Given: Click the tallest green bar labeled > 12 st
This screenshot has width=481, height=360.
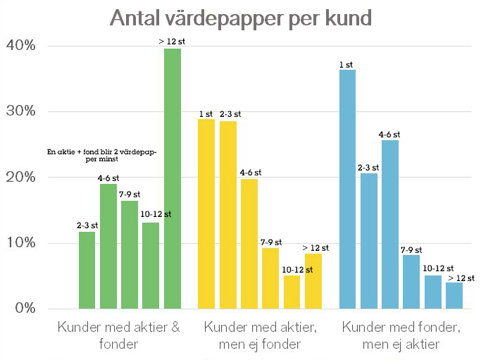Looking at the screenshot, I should [173, 178].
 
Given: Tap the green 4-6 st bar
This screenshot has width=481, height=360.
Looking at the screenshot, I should [108, 246].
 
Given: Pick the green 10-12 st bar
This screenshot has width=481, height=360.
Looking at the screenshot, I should [151, 266].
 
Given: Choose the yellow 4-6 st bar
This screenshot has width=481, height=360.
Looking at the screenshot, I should [249, 244].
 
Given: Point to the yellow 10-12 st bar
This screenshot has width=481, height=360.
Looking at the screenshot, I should [292, 292].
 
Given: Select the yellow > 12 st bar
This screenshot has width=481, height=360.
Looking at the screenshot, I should [313, 281].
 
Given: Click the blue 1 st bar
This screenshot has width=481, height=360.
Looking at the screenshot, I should [347, 189].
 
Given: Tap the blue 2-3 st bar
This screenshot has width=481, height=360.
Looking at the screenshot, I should [369, 241].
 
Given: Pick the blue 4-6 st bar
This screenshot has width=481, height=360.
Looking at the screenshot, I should [390, 224].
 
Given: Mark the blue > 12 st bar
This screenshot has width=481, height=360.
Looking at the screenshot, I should [454, 295].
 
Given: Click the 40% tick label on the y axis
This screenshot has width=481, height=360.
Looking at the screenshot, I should [21, 46].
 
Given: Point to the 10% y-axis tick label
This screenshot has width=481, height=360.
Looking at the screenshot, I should [21, 243].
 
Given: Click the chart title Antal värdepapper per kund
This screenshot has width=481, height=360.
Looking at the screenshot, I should [240, 18].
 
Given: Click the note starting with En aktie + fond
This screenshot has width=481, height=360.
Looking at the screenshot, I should [101, 155].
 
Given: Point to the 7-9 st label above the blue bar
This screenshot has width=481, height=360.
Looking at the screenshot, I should [412, 249].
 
